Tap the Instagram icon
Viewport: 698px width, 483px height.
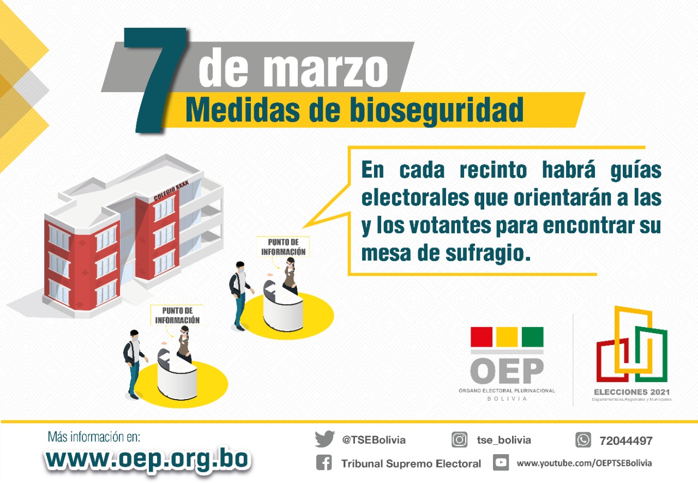459,439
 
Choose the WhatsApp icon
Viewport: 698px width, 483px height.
583,440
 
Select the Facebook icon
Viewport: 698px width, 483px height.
324,463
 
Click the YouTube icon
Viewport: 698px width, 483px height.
501,463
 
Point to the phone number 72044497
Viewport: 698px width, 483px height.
625,440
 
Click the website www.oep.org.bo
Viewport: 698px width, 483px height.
148,458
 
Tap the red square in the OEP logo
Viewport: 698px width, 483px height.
482,337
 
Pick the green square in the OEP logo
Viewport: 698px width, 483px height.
532,337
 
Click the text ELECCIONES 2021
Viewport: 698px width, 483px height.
632,391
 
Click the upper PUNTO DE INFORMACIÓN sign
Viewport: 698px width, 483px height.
283,246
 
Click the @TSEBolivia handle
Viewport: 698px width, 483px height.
374,440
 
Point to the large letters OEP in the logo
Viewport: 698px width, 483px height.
507,371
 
